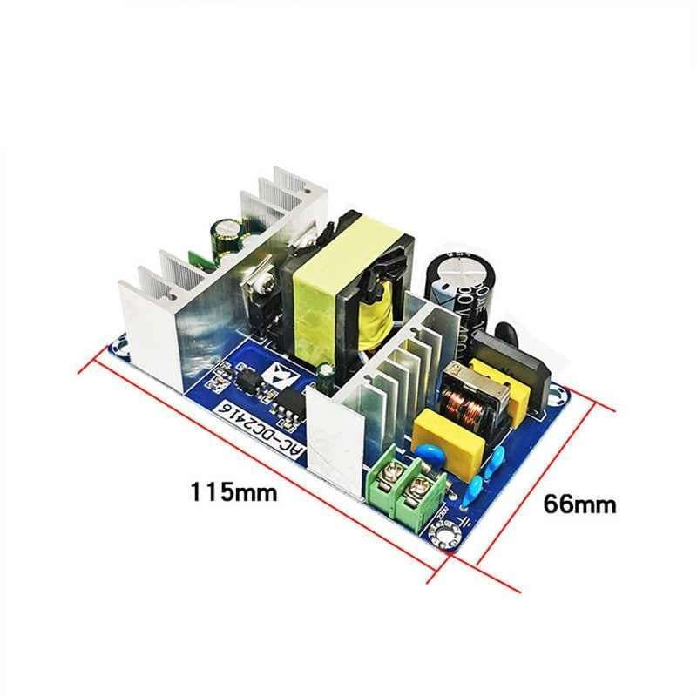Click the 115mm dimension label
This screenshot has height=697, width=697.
(233, 491)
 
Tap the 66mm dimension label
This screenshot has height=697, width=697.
(579, 503)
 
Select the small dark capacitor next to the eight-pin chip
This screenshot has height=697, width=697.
(324, 376)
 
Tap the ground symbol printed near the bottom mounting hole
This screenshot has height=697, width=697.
(464, 520)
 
